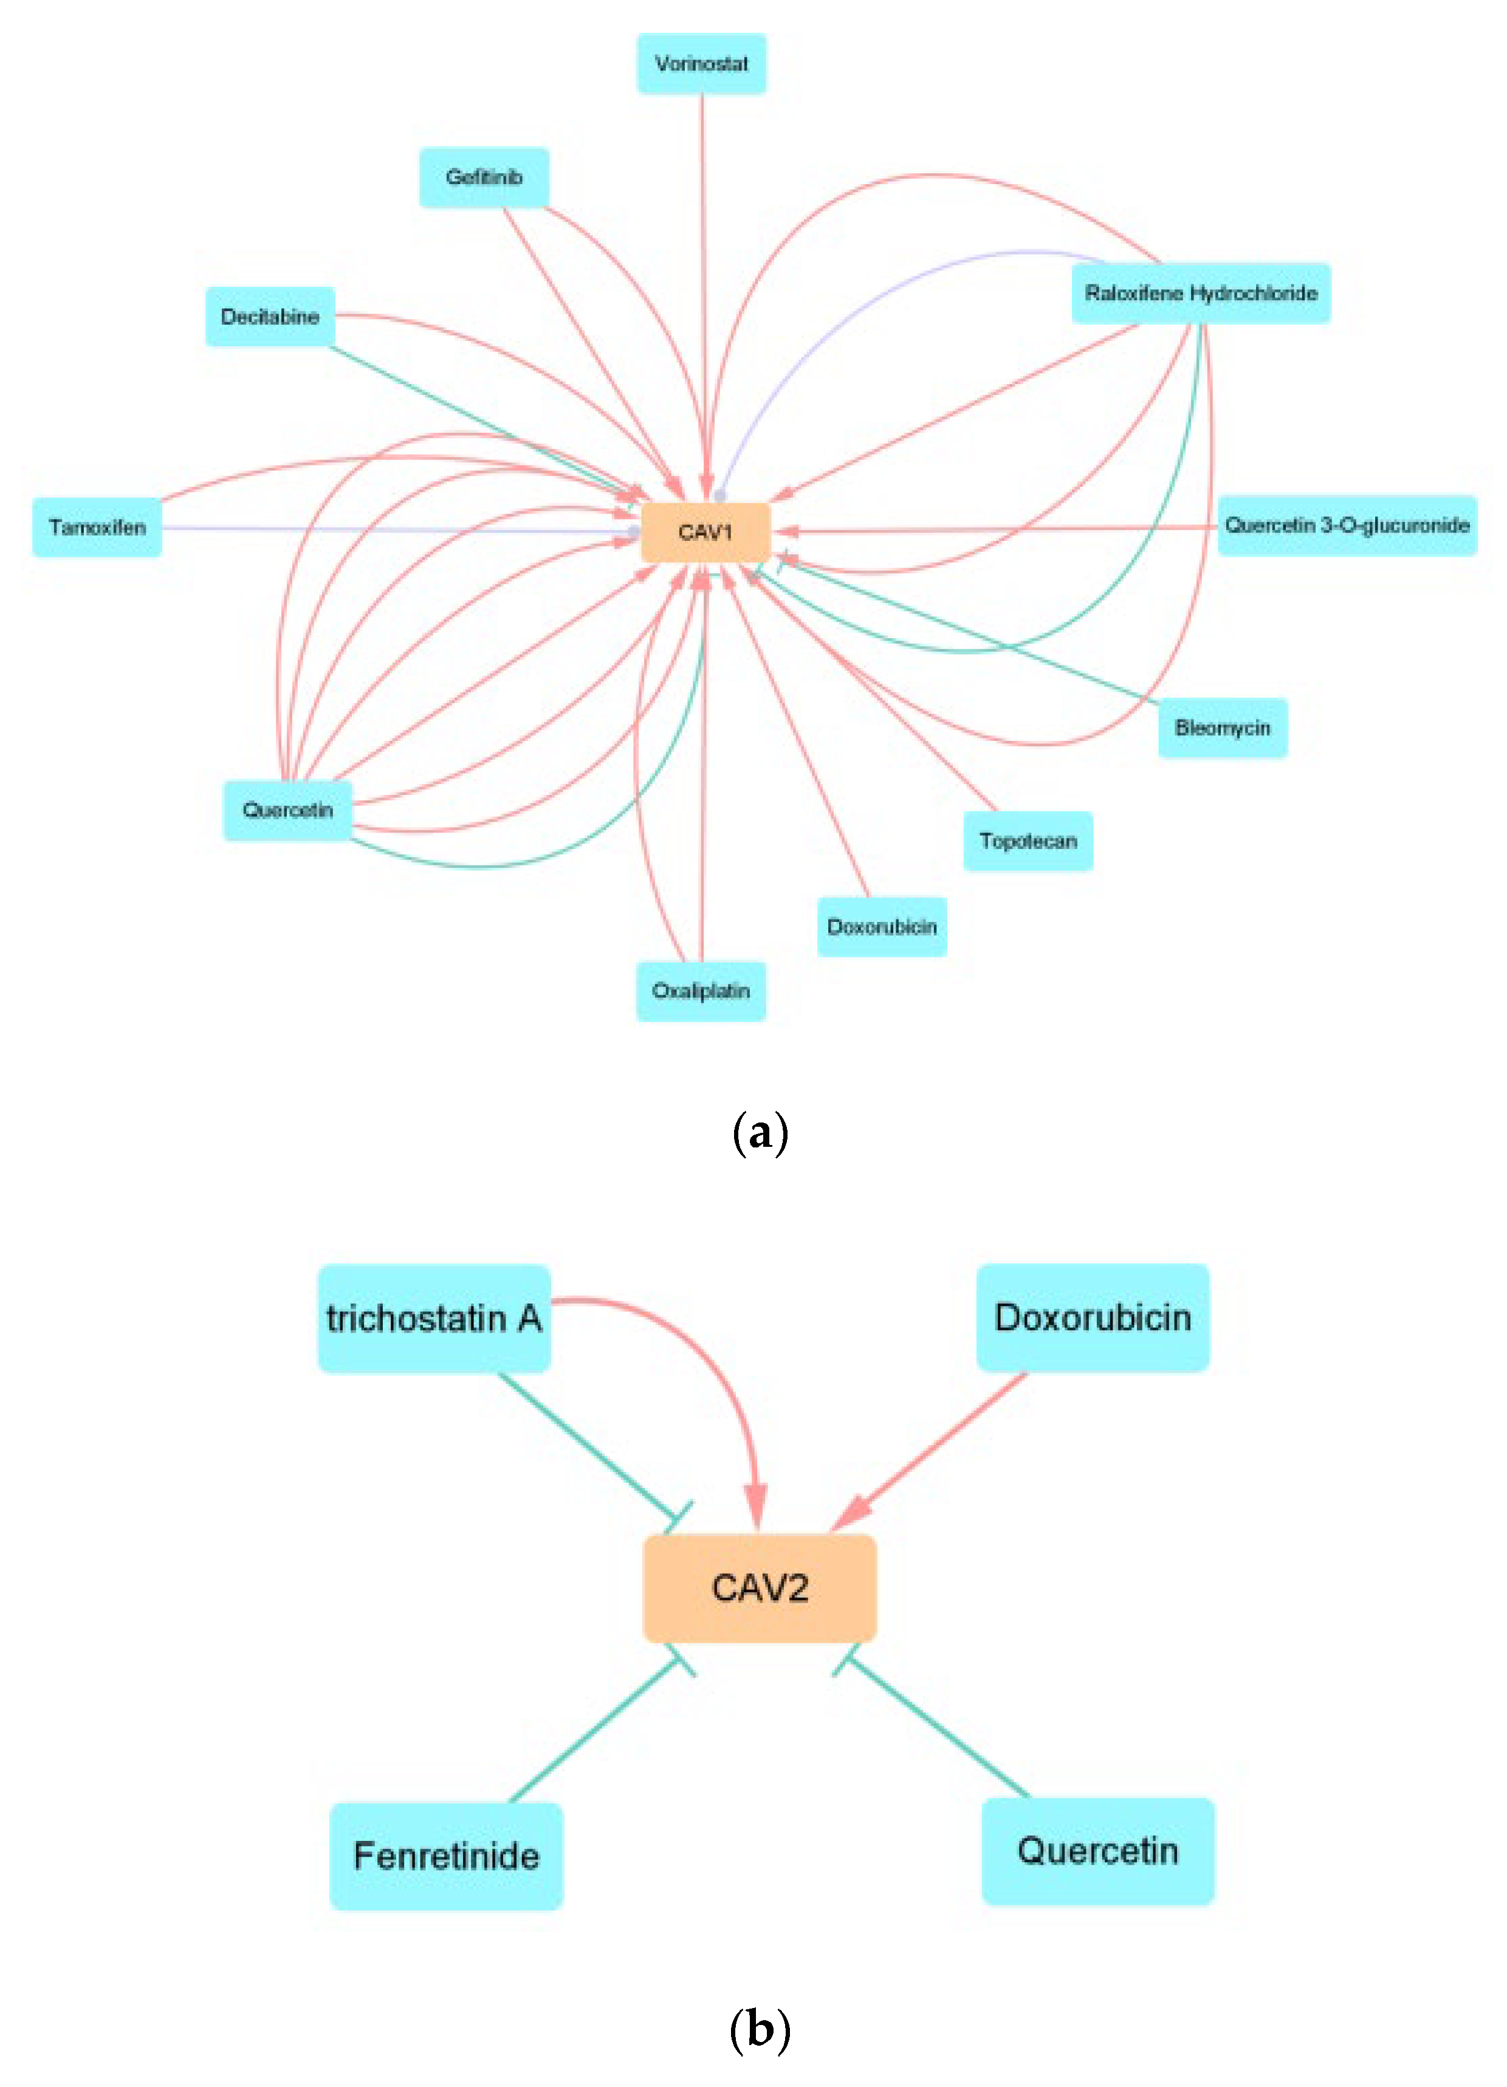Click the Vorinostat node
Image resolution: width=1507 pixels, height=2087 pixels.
tap(701, 63)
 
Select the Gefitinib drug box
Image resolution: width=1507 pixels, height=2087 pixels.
tap(484, 177)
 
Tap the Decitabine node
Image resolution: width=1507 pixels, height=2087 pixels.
tap(270, 317)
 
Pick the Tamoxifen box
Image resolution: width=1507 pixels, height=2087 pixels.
tap(97, 528)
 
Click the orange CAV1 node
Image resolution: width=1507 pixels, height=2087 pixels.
tap(705, 532)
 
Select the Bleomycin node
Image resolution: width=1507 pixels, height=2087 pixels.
tap(1222, 728)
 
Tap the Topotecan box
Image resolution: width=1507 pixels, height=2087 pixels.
tap(1028, 841)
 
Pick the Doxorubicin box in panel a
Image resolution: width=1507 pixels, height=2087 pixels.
tap(881, 927)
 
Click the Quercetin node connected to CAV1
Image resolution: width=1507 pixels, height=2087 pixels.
tap(287, 810)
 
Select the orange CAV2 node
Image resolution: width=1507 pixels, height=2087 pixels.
tap(759, 1588)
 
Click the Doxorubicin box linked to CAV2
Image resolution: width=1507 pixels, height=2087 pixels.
tap(1092, 1318)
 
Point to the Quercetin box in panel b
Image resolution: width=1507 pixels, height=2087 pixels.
tap(1097, 1851)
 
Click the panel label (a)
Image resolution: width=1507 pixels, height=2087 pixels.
tap(759, 1133)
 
